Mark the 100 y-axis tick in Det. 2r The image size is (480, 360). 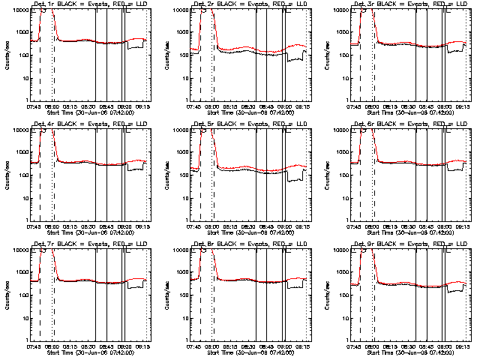pyautogui.click(x=181, y=55)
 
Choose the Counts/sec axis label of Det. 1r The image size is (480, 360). pyautogui.click(x=6, y=55)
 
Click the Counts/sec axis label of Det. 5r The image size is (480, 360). pyautogui.click(x=166, y=174)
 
